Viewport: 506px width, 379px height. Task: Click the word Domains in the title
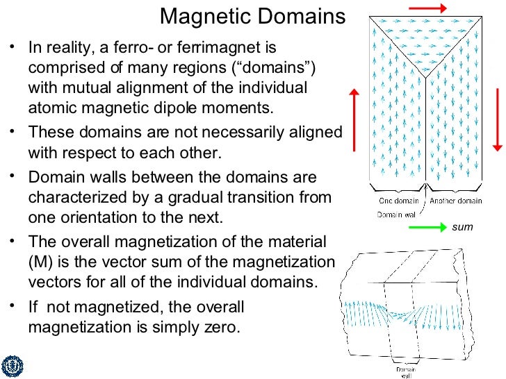(x=302, y=17)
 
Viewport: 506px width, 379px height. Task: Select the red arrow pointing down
(x=497, y=118)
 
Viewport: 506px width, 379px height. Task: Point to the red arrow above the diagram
(x=427, y=8)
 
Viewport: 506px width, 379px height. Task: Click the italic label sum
(x=462, y=227)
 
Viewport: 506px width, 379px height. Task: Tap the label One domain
(x=398, y=201)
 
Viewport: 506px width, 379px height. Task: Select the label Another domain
(x=455, y=201)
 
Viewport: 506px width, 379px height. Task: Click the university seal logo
(x=12, y=367)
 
